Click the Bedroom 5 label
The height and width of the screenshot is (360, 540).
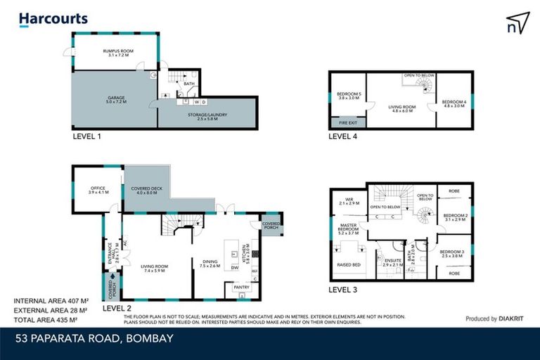tap(349, 96)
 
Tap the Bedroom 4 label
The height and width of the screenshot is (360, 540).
tap(454, 103)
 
